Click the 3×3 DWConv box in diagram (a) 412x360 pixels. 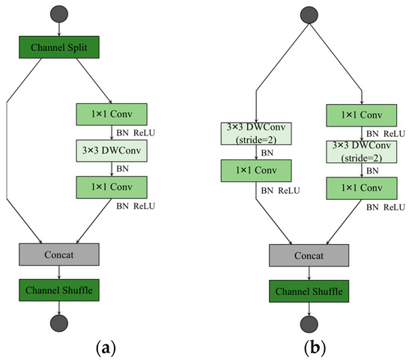tap(112, 150)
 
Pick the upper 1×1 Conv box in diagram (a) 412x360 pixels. tap(112, 115)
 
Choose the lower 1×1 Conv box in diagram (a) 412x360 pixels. tap(112, 186)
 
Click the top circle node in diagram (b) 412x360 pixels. tap(309, 14)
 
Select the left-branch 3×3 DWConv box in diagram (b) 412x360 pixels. tap(256, 134)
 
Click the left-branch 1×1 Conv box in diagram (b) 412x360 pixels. tap(256, 170)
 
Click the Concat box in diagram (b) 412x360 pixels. tap(309, 255)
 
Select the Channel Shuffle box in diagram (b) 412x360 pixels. tap(309, 290)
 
